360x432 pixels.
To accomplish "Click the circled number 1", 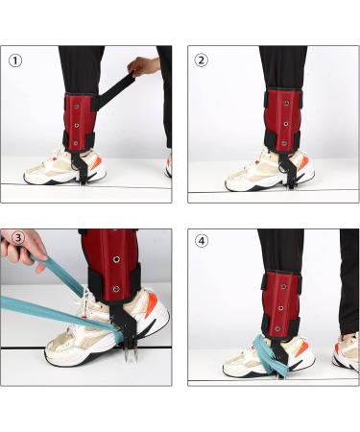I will coord(15,60).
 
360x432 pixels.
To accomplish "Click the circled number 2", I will coord(202,60).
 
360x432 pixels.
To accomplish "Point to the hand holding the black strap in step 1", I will coord(143,67).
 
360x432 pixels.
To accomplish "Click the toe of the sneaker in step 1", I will coord(34,175).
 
